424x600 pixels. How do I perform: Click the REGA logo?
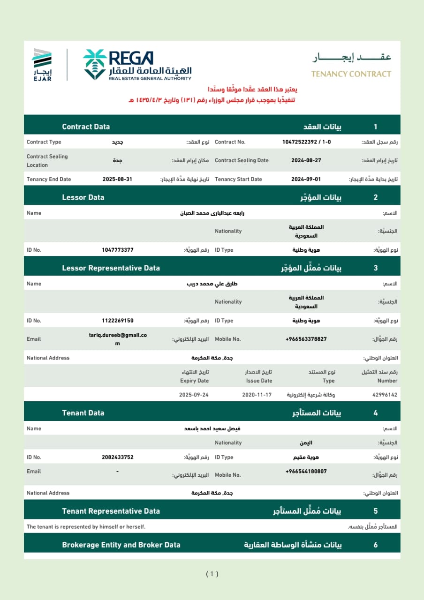[x=137, y=64]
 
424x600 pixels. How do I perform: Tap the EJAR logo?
[x=42, y=64]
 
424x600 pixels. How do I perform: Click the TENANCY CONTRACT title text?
[x=351, y=74]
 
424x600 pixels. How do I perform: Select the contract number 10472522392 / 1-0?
[x=306, y=142]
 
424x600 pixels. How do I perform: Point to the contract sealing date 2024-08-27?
[x=306, y=160]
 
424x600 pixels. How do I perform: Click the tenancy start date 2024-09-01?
[x=306, y=179]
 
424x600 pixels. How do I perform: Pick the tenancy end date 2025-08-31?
[x=117, y=179]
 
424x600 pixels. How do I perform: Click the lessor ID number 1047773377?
[x=117, y=250]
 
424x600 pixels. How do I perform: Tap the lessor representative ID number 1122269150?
[x=117, y=321]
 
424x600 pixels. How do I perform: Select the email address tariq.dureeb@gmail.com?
[x=118, y=339]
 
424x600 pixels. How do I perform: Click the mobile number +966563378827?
[x=306, y=339]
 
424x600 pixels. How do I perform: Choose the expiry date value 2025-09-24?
[x=194, y=395]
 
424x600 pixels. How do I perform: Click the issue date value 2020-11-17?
[x=257, y=395]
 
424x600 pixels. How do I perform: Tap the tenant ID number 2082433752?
[x=117, y=457]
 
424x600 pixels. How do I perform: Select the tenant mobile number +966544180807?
[x=306, y=471]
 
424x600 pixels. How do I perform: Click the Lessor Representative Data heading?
[x=111, y=268]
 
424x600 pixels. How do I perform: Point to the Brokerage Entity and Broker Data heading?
[x=121, y=545]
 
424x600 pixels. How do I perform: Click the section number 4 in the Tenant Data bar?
[x=375, y=413]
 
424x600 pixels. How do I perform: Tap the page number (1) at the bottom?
[x=212, y=574]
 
